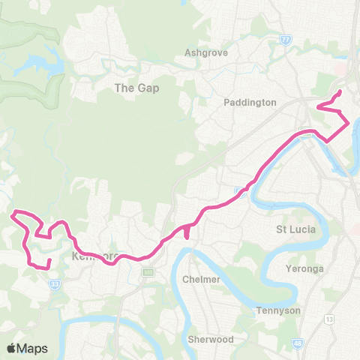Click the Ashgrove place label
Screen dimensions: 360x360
206,53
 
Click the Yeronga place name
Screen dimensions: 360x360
304,268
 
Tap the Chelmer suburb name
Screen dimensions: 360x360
201,279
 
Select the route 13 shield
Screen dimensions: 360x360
329,298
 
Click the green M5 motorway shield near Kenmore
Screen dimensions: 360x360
148,271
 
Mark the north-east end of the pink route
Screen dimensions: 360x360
340,91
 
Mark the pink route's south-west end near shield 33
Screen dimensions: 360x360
48,260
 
